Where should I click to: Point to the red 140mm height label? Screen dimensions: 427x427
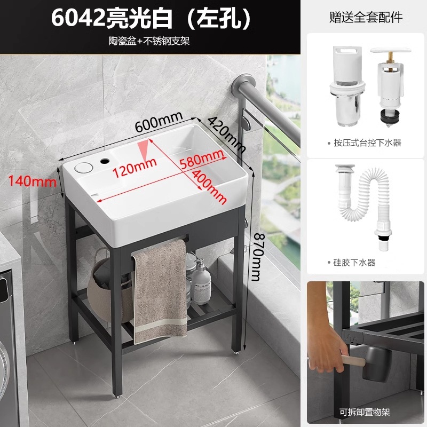33,181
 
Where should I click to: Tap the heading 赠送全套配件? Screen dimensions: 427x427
366,18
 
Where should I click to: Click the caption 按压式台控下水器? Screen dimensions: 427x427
367,143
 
